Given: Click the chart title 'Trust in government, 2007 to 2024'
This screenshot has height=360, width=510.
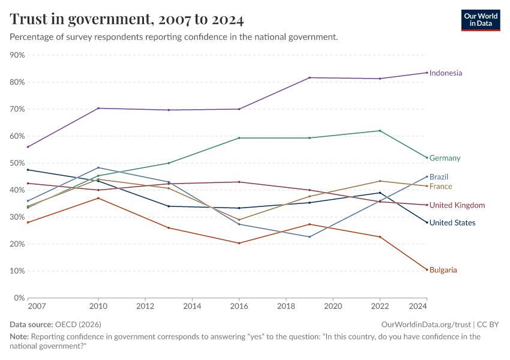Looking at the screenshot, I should click(127, 19).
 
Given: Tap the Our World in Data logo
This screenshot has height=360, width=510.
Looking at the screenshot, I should click(480, 20).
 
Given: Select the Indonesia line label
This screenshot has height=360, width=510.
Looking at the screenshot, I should click(446, 73).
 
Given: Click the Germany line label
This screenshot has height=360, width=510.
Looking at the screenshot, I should click(445, 158).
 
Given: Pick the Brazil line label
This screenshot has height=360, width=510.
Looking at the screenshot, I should click(439, 177).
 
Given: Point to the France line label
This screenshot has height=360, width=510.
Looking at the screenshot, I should click(440, 187).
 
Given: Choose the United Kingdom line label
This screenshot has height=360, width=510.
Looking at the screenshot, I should click(457, 205).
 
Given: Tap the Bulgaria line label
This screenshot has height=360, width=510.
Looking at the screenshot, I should click(443, 270).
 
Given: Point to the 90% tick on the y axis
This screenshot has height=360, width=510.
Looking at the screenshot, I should click(17, 55).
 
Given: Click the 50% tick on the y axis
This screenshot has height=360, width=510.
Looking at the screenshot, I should click(17, 163).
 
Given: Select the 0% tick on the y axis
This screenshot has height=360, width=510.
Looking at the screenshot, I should click(19, 298).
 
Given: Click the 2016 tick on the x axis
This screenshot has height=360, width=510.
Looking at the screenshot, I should click(239, 306).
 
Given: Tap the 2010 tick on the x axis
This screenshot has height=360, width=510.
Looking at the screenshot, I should click(98, 306).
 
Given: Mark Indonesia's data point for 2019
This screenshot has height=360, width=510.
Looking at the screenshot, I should click(310, 77).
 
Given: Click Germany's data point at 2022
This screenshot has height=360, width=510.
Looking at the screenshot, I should click(380, 131).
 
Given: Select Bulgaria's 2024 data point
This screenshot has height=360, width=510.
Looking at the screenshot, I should click(427, 269).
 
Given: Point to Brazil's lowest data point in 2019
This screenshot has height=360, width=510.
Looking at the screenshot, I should click(310, 236).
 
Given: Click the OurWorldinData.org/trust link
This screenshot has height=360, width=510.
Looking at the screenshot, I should click(427, 324).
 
